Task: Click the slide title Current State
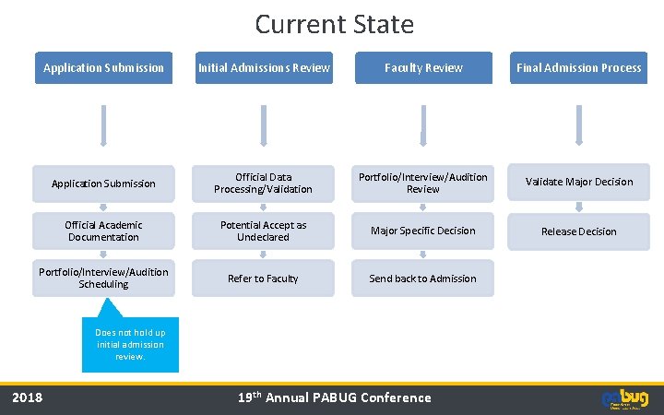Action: (x=334, y=23)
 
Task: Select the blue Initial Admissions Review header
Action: (x=263, y=67)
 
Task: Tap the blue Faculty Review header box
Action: (x=423, y=67)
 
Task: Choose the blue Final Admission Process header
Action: (x=578, y=67)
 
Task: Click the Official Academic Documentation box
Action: (x=103, y=231)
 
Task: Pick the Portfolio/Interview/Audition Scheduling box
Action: (x=103, y=279)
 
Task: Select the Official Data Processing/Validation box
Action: (x=263, y=183)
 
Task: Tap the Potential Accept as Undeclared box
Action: (x=263, y=231)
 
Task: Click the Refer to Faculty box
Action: (x=263, y=279)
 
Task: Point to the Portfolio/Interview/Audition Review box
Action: (x=423, y=183)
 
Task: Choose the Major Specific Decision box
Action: (x=423, y=231)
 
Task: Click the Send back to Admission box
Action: (x=423, y=279)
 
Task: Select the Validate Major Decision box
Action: (x=578, y=183)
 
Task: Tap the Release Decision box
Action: (x=578, y=231)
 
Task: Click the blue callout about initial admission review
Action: (x=130, y=344)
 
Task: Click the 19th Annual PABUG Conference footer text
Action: (x=334, y=397)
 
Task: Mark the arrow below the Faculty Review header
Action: (x=423, y=125)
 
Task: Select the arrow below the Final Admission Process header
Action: (x=578, y=125)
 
